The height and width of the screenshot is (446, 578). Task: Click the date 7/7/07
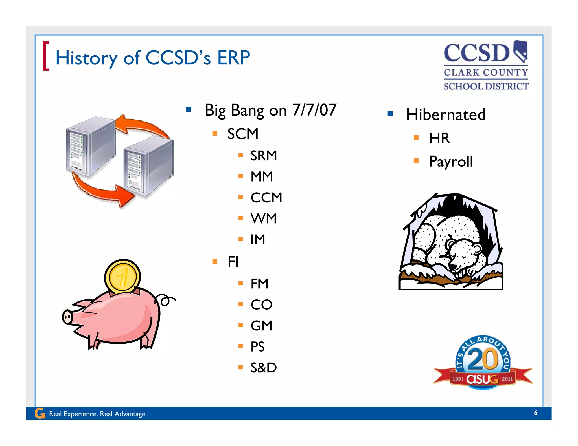click(314, 110)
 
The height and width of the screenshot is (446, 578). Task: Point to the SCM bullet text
click(243, 134)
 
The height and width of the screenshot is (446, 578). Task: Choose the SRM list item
click(264, 156)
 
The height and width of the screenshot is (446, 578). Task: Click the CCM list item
click(266, 198)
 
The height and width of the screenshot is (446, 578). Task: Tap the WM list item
click(264, 218)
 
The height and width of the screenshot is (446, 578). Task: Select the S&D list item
click(264, 368)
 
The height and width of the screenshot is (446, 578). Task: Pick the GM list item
click(261, 326)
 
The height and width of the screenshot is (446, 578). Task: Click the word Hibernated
click(446, 115)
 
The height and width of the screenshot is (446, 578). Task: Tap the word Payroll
click(451, 162)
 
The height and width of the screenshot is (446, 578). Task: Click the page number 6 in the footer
click(535, 413)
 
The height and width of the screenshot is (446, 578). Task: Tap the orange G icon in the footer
click(40, 413)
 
